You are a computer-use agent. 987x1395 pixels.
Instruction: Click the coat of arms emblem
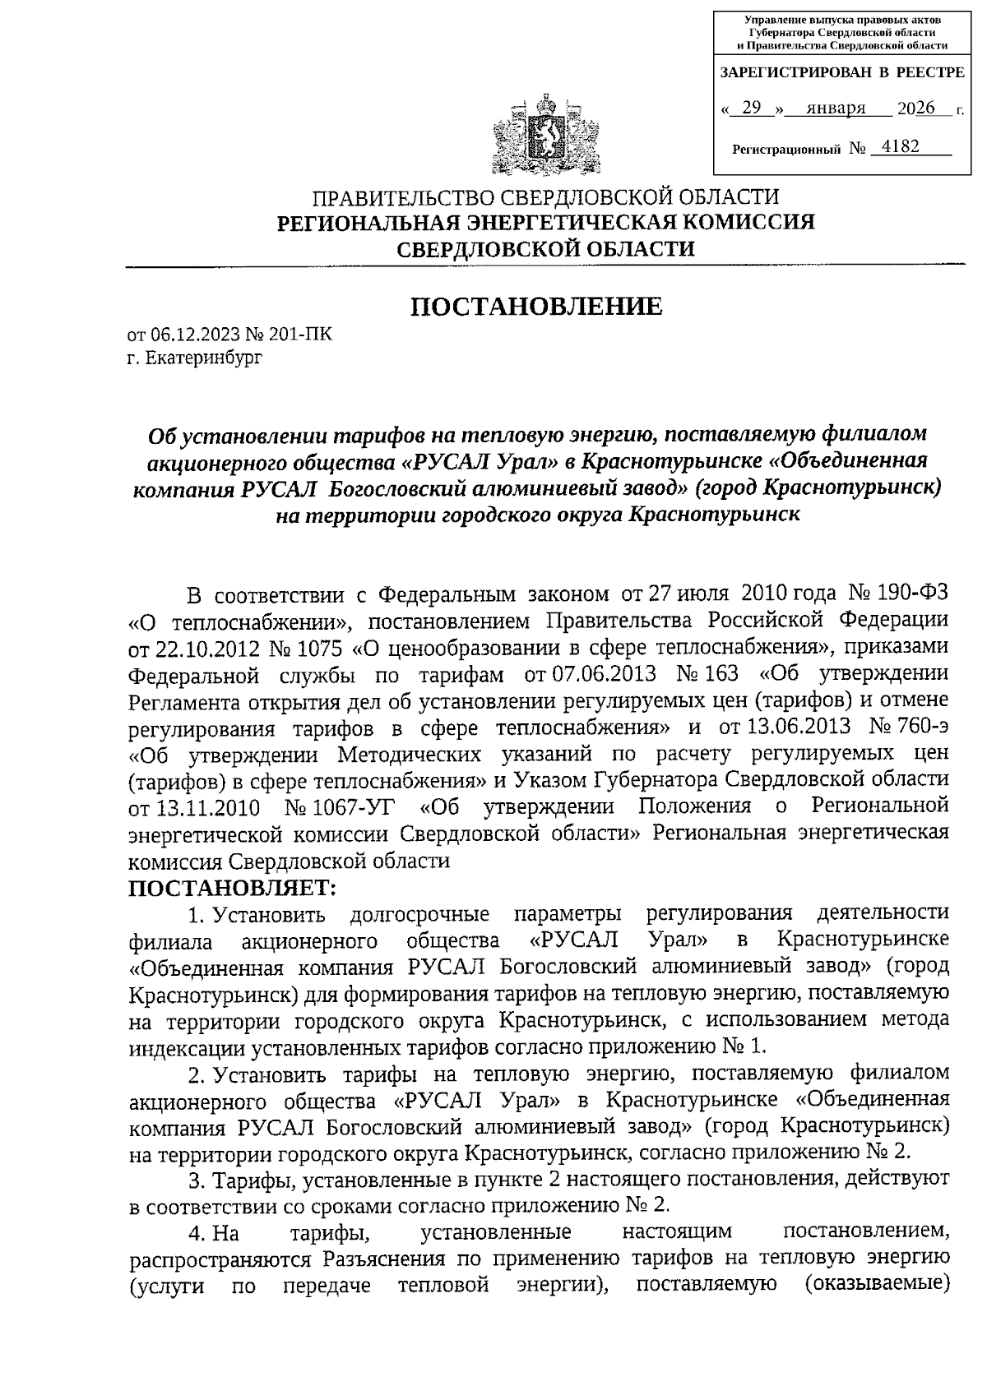(x=542, y=135)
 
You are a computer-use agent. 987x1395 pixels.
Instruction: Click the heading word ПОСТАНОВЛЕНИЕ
(x=536, y=307)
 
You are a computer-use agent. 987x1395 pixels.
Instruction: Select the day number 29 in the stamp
(x=751, y=108)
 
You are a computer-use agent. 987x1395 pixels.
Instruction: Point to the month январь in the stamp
(x=836, y=108)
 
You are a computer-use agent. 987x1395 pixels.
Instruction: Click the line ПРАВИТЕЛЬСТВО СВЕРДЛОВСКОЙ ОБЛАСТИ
(x=544, y=197)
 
